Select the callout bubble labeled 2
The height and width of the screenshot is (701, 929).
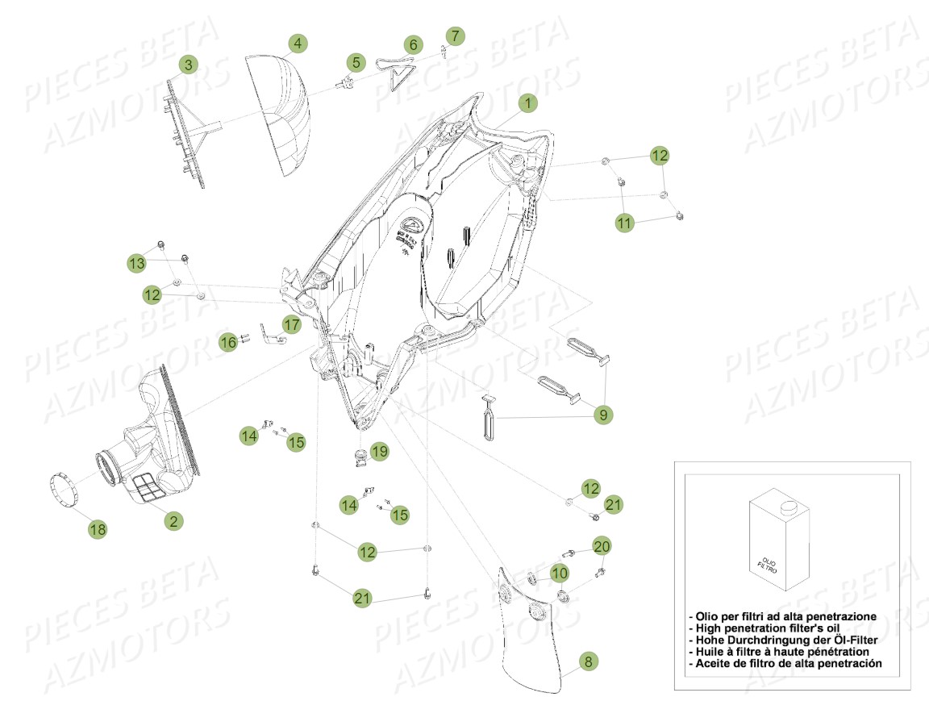click(x=173, y=521)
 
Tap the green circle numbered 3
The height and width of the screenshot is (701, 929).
click(x=188, y=65)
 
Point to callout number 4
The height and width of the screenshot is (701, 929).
click(x=298, y=44)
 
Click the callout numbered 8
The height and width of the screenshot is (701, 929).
click(x=588, y=661)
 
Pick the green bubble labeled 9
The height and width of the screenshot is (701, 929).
click(x=602, y=415)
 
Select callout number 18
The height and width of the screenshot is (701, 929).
click(x=98, y=529)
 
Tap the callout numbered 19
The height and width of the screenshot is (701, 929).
click(x=379, y=452)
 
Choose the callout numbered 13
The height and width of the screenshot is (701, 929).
click(x=136, y=263)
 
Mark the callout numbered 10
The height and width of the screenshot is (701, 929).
click(x=560, y=573)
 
